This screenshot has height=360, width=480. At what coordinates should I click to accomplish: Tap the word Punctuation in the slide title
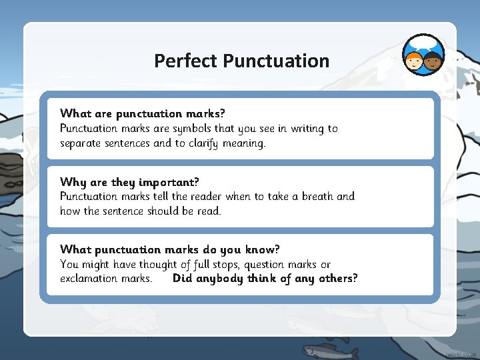pos(276,61)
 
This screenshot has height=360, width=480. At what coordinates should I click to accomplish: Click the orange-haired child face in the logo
pos(414,62)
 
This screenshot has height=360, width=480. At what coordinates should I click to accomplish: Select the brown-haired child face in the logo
pos(433,63)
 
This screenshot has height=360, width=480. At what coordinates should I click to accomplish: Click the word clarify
pos(201,143)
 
